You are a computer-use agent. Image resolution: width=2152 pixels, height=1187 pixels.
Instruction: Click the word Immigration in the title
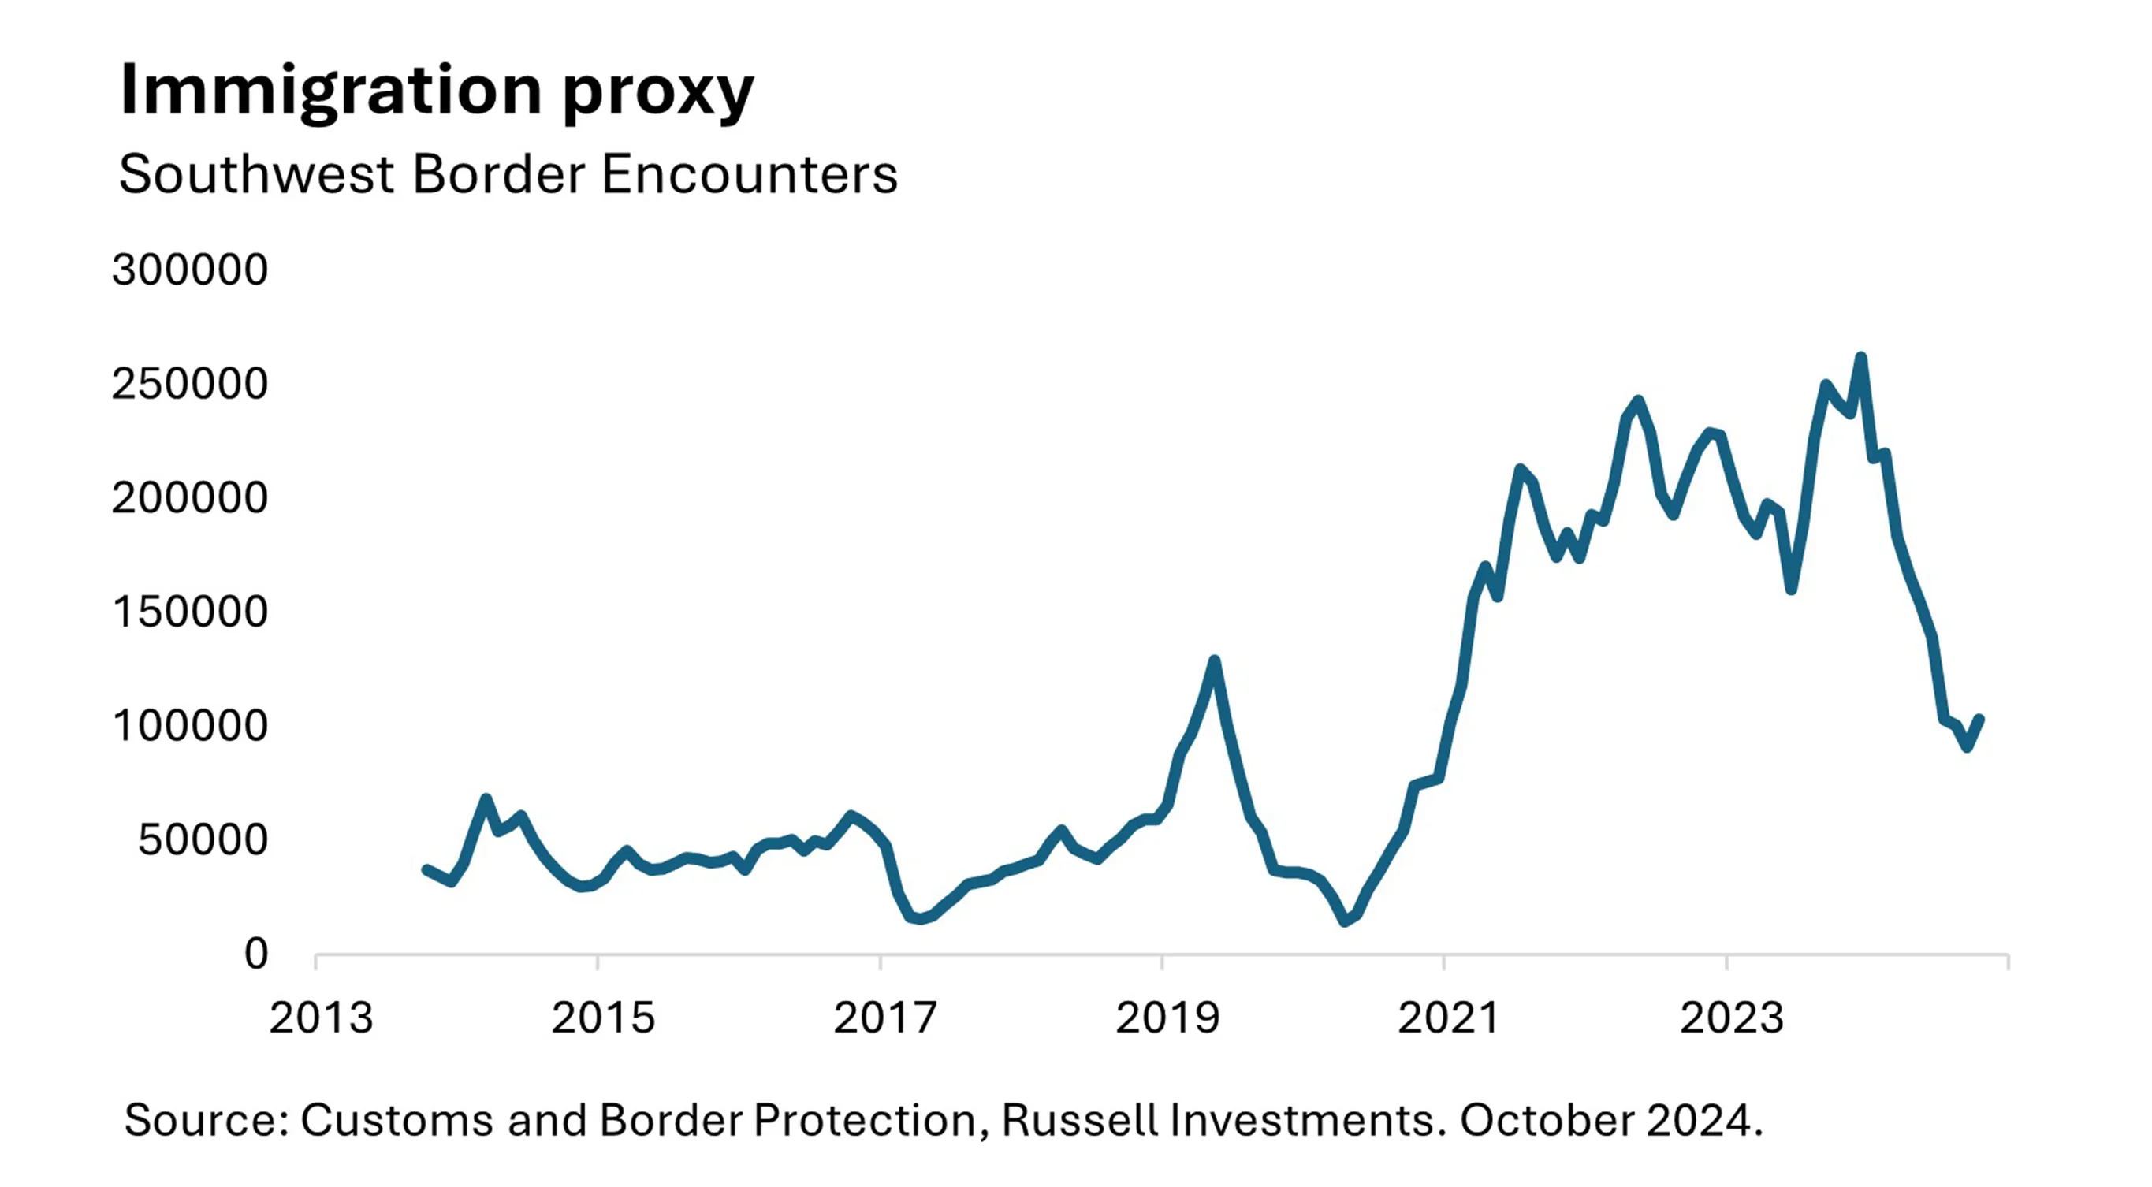331,92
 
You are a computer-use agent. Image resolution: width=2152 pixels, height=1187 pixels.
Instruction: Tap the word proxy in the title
658,94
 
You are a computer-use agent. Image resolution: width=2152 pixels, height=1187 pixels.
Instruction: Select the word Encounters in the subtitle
750,175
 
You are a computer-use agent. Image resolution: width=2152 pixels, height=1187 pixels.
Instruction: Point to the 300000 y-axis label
190,270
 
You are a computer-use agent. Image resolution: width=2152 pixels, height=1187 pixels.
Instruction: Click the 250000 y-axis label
190,385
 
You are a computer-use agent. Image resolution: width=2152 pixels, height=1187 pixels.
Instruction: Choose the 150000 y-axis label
190,612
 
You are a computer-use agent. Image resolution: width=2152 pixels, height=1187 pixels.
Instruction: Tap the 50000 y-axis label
203,840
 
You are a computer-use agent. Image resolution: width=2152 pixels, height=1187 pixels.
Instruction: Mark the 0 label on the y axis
255,954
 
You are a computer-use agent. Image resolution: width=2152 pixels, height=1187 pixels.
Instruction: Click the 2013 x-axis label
321,1018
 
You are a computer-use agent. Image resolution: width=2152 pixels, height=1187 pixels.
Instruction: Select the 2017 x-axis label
884,1018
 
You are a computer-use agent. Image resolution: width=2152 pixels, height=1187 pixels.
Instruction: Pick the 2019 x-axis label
1167,1018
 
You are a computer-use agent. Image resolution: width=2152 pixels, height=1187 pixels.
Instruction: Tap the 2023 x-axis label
1732,1018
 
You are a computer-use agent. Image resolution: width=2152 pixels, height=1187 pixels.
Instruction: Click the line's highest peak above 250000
1860,358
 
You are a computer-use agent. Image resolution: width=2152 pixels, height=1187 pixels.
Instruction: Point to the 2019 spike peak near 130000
1215,660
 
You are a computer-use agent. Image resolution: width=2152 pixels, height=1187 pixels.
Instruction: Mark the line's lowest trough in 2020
1345,921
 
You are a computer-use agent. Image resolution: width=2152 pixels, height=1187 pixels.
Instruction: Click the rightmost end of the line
1979,718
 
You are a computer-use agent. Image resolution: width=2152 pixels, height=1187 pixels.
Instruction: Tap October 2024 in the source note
1607,1120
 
